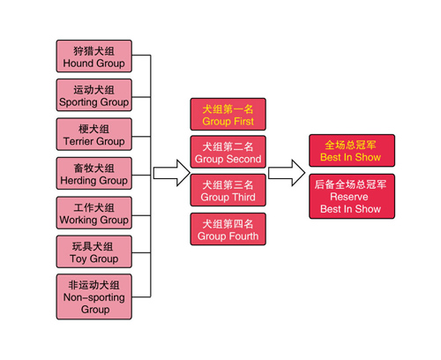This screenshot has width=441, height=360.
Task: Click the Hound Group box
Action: (94, 56)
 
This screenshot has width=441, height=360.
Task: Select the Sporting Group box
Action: (94, 95)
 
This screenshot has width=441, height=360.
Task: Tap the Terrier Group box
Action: (94, 134)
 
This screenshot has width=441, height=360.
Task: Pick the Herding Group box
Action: (94, 174)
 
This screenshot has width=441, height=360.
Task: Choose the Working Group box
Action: (94, 213)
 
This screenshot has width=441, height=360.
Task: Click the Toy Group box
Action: (94, 251)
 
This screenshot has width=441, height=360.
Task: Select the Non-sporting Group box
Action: (94, 296)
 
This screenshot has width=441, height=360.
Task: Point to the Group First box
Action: (228, 115)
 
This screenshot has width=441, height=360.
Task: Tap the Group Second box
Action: (228, 152)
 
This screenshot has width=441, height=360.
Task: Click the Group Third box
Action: (228, 190)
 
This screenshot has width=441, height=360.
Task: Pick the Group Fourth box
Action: (228, 229)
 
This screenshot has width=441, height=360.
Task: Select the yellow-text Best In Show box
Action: (352, 151)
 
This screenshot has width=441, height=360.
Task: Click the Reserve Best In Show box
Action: (352, 196)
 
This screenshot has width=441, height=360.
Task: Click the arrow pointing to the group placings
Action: (172, 173)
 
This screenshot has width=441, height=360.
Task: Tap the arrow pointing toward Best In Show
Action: (287, 173)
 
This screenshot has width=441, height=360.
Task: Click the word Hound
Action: (78, 64)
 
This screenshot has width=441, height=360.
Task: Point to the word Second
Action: (244, 159)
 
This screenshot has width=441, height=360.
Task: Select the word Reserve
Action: (349, 197)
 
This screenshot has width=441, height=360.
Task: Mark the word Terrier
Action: (78, 141)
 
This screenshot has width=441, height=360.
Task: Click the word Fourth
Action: (243, 236)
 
